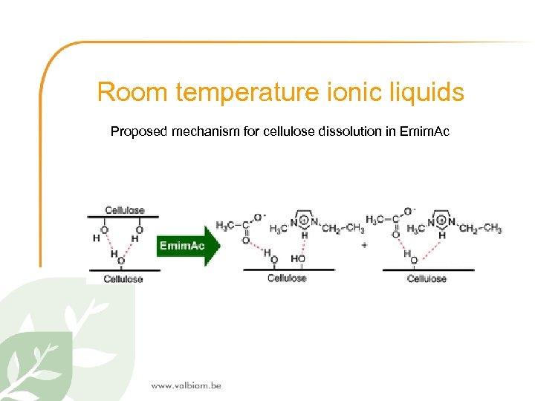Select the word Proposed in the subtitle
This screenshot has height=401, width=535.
click(140, 131)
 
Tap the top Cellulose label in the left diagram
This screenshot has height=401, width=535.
click(124, 210)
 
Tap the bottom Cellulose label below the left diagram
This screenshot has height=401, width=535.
click(123, 279)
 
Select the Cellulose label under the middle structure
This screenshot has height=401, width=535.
click(286, 278)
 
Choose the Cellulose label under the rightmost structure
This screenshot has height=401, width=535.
click(427, 278)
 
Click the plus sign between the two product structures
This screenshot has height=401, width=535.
click(364, 245)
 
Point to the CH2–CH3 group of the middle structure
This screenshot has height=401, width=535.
click(343, 227)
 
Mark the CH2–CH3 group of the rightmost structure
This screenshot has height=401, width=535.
click(480, 228)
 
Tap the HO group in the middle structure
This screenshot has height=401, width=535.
click(299, 258)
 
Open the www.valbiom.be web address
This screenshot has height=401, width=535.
click(186, 385)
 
